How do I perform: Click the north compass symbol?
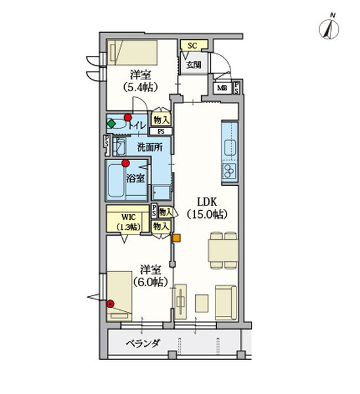(329, 29)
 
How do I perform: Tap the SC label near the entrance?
(192, 46)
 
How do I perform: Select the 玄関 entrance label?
(194, 65)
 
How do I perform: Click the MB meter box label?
(222, 88)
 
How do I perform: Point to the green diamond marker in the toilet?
(111, 123)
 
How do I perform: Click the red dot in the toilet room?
(127, 117)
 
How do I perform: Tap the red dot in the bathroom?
(125, 164)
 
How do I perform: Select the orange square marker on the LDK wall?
(176, 238)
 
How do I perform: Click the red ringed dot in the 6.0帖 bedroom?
(110, 304)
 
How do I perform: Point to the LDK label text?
(207, 202)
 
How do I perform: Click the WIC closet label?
(129, 217)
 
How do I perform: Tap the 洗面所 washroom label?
(150, 147)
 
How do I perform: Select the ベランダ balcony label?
(143, 343)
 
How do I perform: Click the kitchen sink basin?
(231, 148)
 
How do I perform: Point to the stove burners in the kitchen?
(229, 171)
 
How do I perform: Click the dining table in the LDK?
(223, 250)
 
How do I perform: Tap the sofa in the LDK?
(226, 303)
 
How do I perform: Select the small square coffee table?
(202, 303)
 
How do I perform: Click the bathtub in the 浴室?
(116, 180)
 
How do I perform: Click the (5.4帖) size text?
(141, 87)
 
